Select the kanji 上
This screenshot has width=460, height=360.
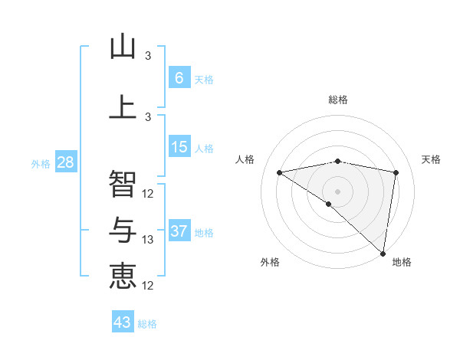pos(123,106)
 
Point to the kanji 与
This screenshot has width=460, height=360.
pos(123,231)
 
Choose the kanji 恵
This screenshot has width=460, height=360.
pos(123,276)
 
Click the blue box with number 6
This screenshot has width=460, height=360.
pos(179,78)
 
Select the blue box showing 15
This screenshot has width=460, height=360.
pos(179,147)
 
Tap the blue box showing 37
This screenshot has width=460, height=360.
pos(179,231)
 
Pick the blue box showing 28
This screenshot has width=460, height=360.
pos(65,162)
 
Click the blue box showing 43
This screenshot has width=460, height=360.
pos(123,322)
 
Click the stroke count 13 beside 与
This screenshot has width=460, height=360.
pos(149,240)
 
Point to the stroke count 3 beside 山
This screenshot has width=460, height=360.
pos(148,56)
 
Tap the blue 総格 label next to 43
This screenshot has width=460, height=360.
pos(147,324)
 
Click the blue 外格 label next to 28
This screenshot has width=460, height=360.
pos(41,164)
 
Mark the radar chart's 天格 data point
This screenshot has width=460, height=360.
pos(396,172)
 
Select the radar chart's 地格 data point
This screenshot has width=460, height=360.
pos(383,253)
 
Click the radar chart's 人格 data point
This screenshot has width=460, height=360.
pos(280,172)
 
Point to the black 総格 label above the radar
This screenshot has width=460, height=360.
pos(337,100)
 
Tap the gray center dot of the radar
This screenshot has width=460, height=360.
pos(337,190)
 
